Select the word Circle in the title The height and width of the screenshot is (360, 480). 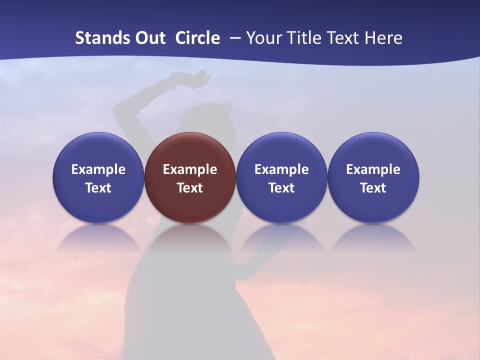coord(197,38)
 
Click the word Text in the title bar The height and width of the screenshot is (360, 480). coord(341,38)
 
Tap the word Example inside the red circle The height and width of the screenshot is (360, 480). coord(190,169)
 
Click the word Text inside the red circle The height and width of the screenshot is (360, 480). coord(190,188)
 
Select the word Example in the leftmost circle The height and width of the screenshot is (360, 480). coord(98,169)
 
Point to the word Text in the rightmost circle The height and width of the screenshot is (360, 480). coord(373,188)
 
